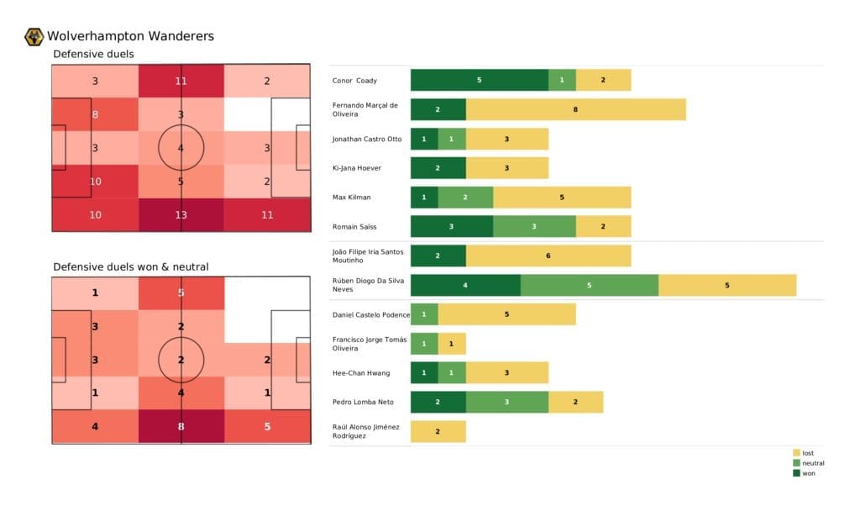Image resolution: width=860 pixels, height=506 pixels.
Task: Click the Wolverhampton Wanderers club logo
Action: point(34,36)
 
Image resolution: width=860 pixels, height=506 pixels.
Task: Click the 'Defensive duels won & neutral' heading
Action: point(131,266)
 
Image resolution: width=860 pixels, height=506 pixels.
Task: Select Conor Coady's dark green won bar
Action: point(479,80)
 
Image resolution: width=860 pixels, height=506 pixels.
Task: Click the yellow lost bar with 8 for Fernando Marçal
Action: point(575,109)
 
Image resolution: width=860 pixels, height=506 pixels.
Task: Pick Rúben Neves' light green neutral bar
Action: point(589,285)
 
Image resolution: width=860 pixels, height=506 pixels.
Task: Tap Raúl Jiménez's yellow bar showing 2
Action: point(438,431)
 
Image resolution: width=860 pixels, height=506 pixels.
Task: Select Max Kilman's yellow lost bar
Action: point(561,197)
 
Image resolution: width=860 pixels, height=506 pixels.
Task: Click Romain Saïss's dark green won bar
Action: point(451,226)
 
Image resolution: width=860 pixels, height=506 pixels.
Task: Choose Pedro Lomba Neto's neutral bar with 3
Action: point(506,402)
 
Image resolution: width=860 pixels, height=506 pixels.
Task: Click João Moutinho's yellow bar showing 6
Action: point(548,256)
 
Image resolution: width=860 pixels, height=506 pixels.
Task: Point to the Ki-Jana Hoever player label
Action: point(357,168)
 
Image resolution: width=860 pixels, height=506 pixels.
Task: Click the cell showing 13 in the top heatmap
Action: point(181,214)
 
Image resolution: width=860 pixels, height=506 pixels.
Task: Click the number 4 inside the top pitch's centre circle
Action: point(181,148)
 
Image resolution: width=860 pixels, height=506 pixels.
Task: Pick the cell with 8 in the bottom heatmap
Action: point(181,426)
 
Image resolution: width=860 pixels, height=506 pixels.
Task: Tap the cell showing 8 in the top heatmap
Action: point(95,114)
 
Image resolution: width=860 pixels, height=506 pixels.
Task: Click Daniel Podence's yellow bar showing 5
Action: point(506,314)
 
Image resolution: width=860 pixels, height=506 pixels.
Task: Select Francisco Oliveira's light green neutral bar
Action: point(424,343)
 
